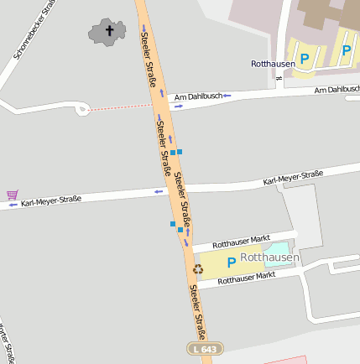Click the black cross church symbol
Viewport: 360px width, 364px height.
108,32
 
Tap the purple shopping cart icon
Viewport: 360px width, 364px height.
12,195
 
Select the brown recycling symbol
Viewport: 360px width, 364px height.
198,269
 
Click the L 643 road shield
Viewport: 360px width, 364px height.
198,348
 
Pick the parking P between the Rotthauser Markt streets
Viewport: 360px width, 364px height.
231,263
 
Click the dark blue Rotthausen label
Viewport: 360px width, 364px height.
271,63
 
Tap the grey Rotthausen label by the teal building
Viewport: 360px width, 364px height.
269,257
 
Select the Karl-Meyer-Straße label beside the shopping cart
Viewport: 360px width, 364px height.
51,200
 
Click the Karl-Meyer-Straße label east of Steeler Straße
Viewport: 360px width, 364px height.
293,178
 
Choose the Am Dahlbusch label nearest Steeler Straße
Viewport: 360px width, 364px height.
198,97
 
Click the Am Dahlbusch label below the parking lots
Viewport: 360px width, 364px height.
337,89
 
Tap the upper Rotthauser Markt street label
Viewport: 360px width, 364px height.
241,242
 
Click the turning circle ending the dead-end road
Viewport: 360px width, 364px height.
81,109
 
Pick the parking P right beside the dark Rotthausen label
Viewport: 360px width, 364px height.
305,59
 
